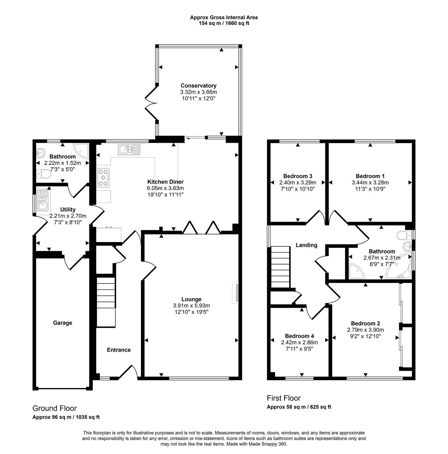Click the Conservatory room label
(198, 86)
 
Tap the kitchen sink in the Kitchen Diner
(129, 149)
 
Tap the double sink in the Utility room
(43, 200)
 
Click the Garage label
(62, 323)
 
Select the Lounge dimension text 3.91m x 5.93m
(191, 306)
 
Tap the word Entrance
(119, 350)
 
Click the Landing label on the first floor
(306, 245)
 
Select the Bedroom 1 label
(370, 176)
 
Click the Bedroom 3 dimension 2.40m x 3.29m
(297, 182)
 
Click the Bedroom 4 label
(299, 336)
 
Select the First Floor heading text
(284, 398)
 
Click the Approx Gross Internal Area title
(224, 17)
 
